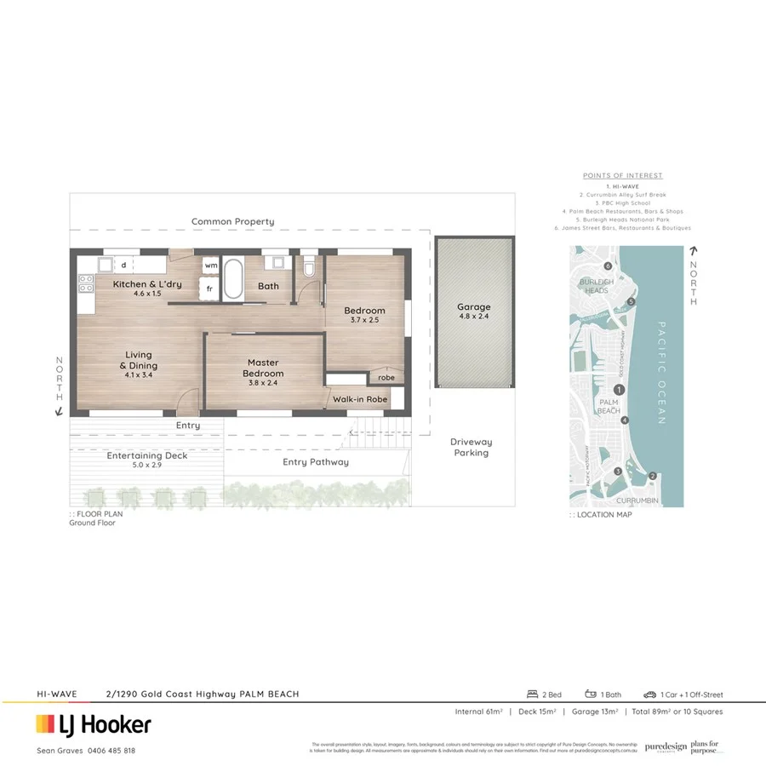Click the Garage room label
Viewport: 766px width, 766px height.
[474, 307]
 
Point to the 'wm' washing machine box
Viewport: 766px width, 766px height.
[210, 265]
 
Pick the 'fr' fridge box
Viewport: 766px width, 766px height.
[209, 289]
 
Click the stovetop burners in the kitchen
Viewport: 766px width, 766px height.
[86, 283]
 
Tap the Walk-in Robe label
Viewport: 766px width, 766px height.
[360, 398]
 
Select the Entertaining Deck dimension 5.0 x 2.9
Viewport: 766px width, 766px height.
[146, 466]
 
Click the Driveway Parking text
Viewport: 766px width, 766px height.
[471, 448]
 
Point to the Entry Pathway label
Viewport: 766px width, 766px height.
[316, 462]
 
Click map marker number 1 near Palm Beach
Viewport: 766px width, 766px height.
[619, 389]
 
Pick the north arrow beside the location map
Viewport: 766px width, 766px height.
[694, 253]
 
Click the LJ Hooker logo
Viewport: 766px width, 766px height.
[94, 724]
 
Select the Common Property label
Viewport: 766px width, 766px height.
[232, 221]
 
